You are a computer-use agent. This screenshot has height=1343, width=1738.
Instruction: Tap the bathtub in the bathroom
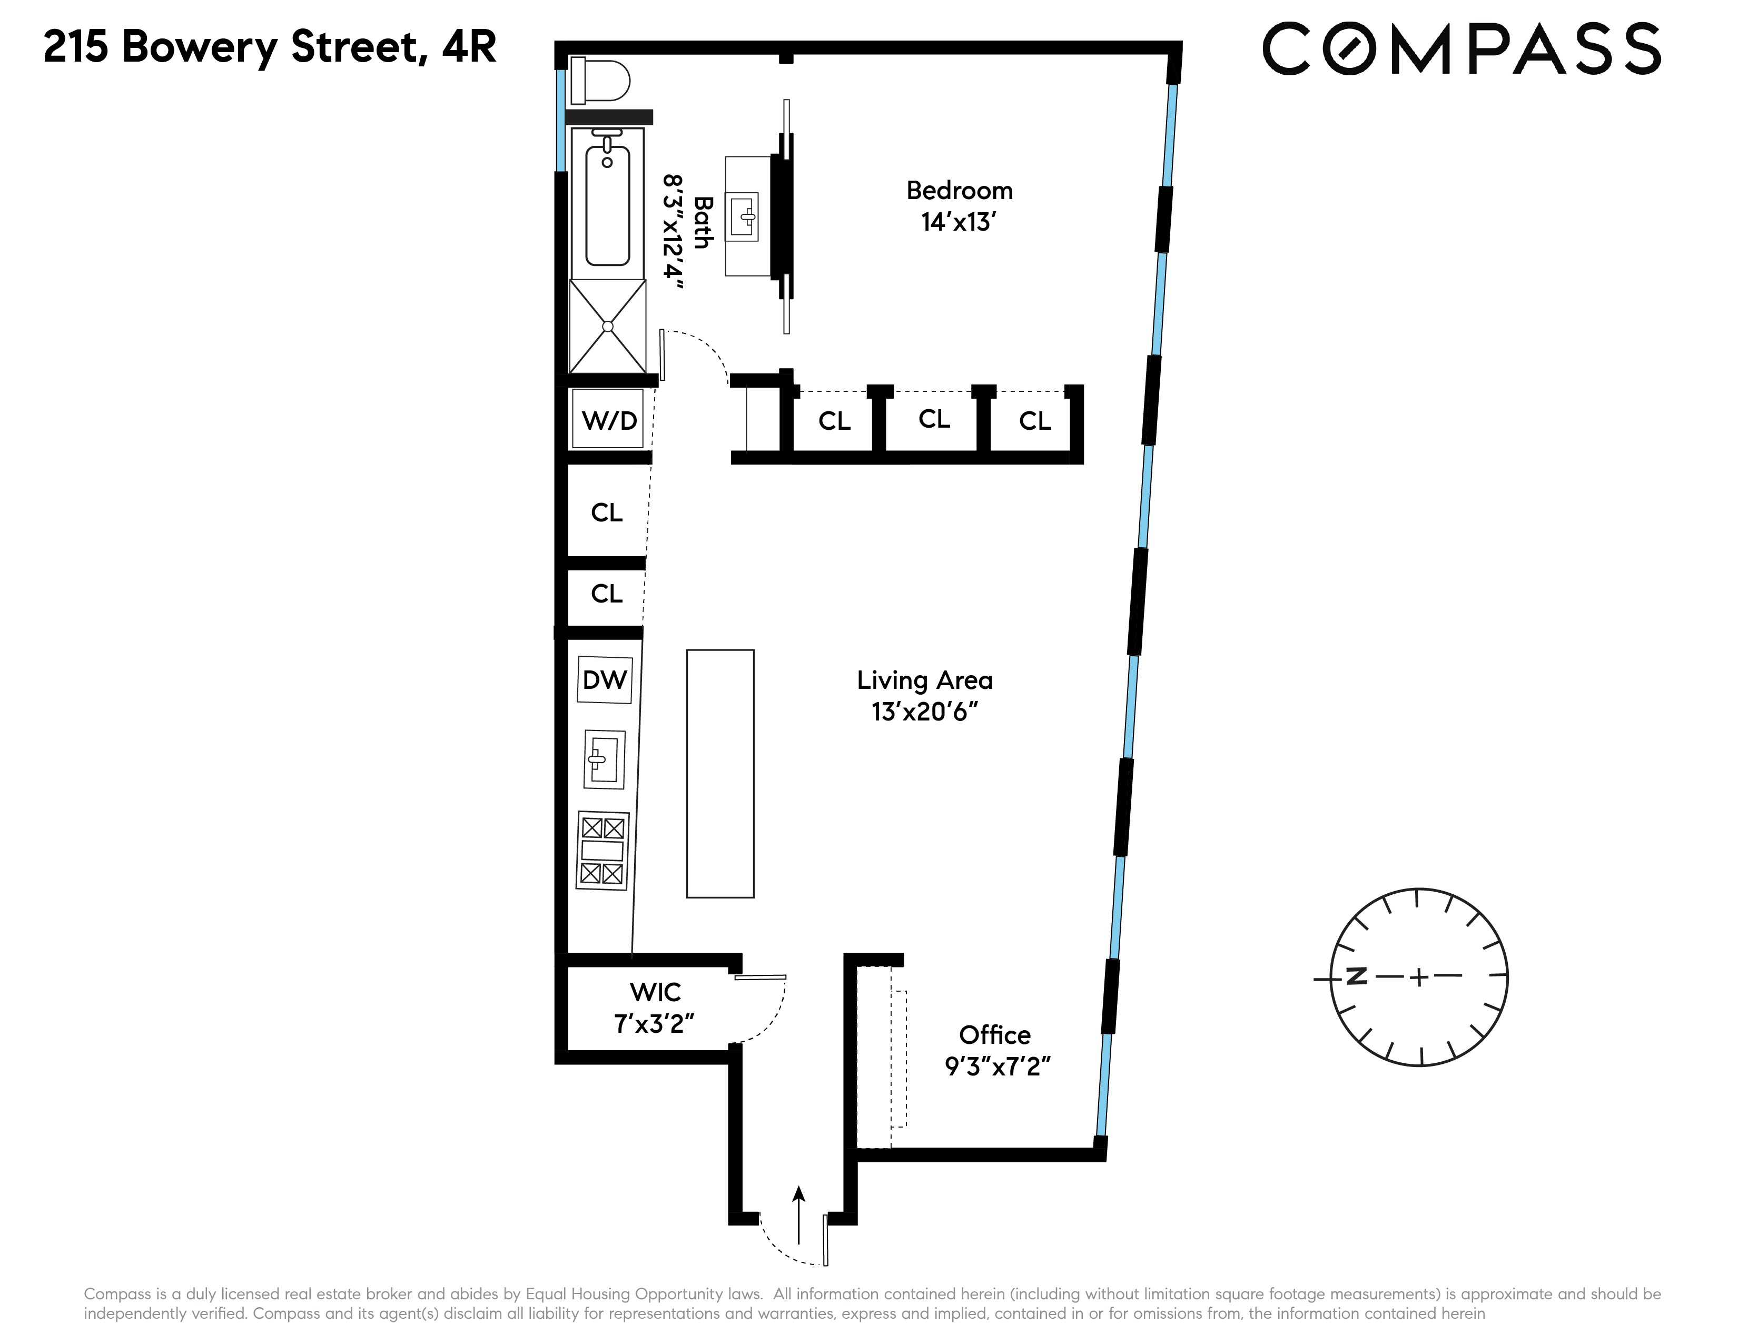(607, 203)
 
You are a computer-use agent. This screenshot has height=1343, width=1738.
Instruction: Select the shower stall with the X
(608, 326)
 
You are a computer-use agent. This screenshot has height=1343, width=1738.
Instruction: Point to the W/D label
(609, 420)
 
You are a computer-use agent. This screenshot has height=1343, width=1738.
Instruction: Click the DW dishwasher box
(605, 679)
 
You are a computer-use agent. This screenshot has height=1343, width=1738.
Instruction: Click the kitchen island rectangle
(720, 773)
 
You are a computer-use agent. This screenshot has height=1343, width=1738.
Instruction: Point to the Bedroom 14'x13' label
(959, 206)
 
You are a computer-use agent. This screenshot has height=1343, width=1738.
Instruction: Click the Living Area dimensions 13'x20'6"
(924, 712)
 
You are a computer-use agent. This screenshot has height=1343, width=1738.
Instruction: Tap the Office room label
(995, 1035)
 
